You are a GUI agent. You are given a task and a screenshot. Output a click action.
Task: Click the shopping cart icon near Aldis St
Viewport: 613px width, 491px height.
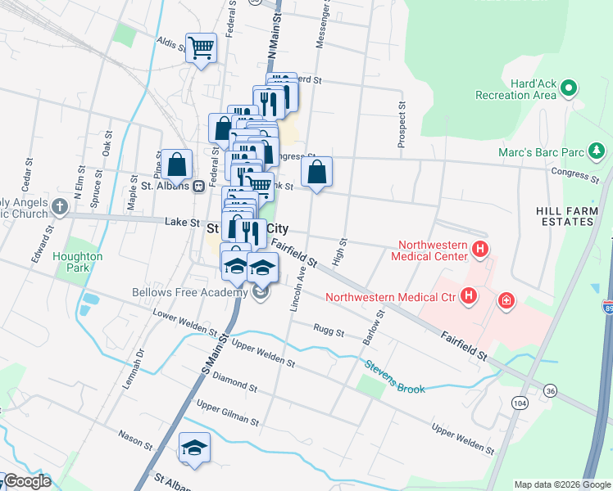201,47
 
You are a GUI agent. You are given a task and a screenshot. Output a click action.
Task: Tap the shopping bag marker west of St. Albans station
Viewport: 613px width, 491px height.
176,164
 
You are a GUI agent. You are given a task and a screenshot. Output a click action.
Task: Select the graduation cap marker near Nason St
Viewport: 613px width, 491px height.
194,447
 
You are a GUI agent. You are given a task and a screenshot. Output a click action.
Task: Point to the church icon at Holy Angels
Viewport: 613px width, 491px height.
59,207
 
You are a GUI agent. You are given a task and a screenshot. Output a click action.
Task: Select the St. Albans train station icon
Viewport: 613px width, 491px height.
198,186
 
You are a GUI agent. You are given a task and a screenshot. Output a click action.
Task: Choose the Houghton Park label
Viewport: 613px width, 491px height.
79,262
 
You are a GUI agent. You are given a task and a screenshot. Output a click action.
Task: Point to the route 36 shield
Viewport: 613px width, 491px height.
549,392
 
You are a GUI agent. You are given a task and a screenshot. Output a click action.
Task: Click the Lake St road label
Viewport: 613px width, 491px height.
182,222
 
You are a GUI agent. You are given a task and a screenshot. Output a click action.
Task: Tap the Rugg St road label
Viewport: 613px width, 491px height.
328,329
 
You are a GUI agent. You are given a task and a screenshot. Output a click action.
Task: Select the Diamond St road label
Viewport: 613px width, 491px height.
235,381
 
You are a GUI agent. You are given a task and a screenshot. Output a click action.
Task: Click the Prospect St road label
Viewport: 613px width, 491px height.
402,124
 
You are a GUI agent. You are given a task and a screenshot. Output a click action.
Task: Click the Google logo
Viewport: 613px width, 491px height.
27,481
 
